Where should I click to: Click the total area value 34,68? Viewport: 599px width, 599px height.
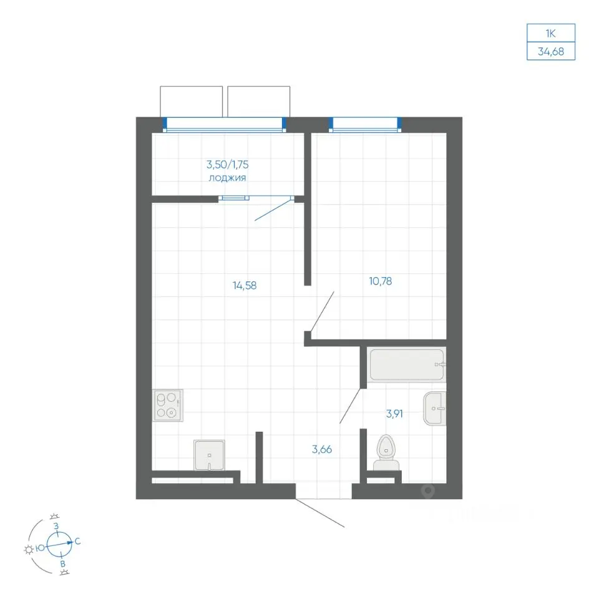click(x=550, y=51)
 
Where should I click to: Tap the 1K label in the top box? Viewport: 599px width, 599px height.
click(x=550, y=33)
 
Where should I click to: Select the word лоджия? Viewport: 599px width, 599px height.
click(x=227, y=178)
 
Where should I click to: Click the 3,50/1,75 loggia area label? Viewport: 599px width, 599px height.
click(x=227, y=165)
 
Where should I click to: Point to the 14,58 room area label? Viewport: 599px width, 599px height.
click(x=245, y=285)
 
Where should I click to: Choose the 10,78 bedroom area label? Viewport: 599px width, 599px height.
click(x=381, y=281)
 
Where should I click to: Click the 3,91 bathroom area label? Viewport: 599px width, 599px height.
click(x=394, y=413)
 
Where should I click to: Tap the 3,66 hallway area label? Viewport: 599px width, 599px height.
click(x=322, y=449)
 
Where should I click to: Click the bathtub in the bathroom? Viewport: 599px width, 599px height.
click(x=406, y=364)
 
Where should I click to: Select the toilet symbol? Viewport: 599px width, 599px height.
click(x=386, y=453)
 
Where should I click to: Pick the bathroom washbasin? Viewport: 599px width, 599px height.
click(x=435, y=408)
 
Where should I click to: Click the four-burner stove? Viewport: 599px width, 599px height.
click(x=168, y=406)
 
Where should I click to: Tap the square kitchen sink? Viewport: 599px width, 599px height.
click(x=210, y=455)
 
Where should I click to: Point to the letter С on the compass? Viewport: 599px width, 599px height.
click(x=77, y=542)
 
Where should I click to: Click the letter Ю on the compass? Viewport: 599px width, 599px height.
click(x=40, y=548)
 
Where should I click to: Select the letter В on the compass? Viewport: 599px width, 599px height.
click(x=63, y=564)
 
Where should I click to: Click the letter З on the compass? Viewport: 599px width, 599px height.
click(x=56, y=527)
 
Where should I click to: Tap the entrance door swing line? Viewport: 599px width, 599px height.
click(x=319, y=513)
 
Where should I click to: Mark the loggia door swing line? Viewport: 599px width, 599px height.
click(x=273, y=210)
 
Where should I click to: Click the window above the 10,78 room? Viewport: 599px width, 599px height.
click(x=365, y=125)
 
